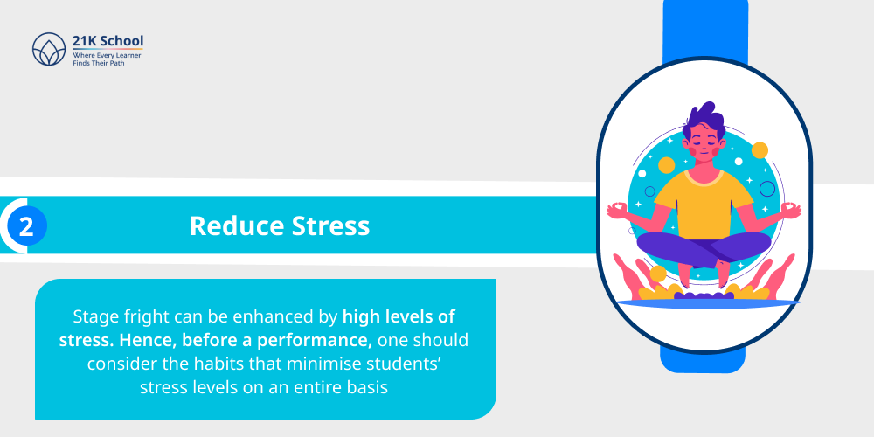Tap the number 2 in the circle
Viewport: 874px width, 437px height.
pyautogui.click(x=26, y=227)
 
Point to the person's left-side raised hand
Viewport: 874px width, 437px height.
pyautogui.click(x=619, y=211)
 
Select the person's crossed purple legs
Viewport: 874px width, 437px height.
pyautogui.click(x=704, y=249)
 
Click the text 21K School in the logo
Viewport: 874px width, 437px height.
pyautogui.click(x=108, y=41)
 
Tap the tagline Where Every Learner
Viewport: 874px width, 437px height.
pyautogui.click(x=107, y=55)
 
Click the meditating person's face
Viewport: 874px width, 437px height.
pyautogui.click(x=704, y=142)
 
